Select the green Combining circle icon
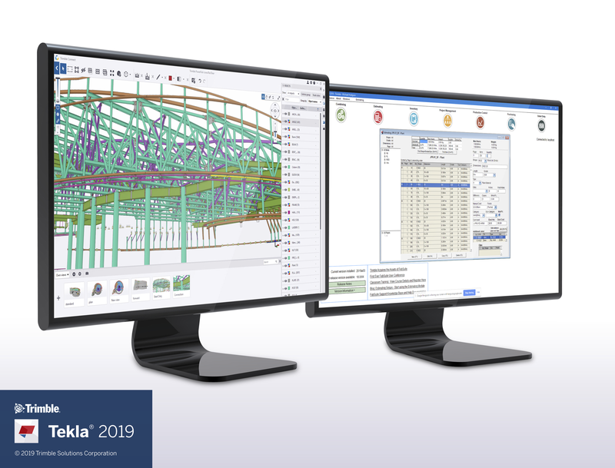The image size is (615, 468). point(340,115)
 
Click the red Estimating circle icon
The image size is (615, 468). point(378,117)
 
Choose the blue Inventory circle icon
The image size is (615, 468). point(413,119)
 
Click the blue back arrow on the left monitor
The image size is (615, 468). point(59,68)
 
